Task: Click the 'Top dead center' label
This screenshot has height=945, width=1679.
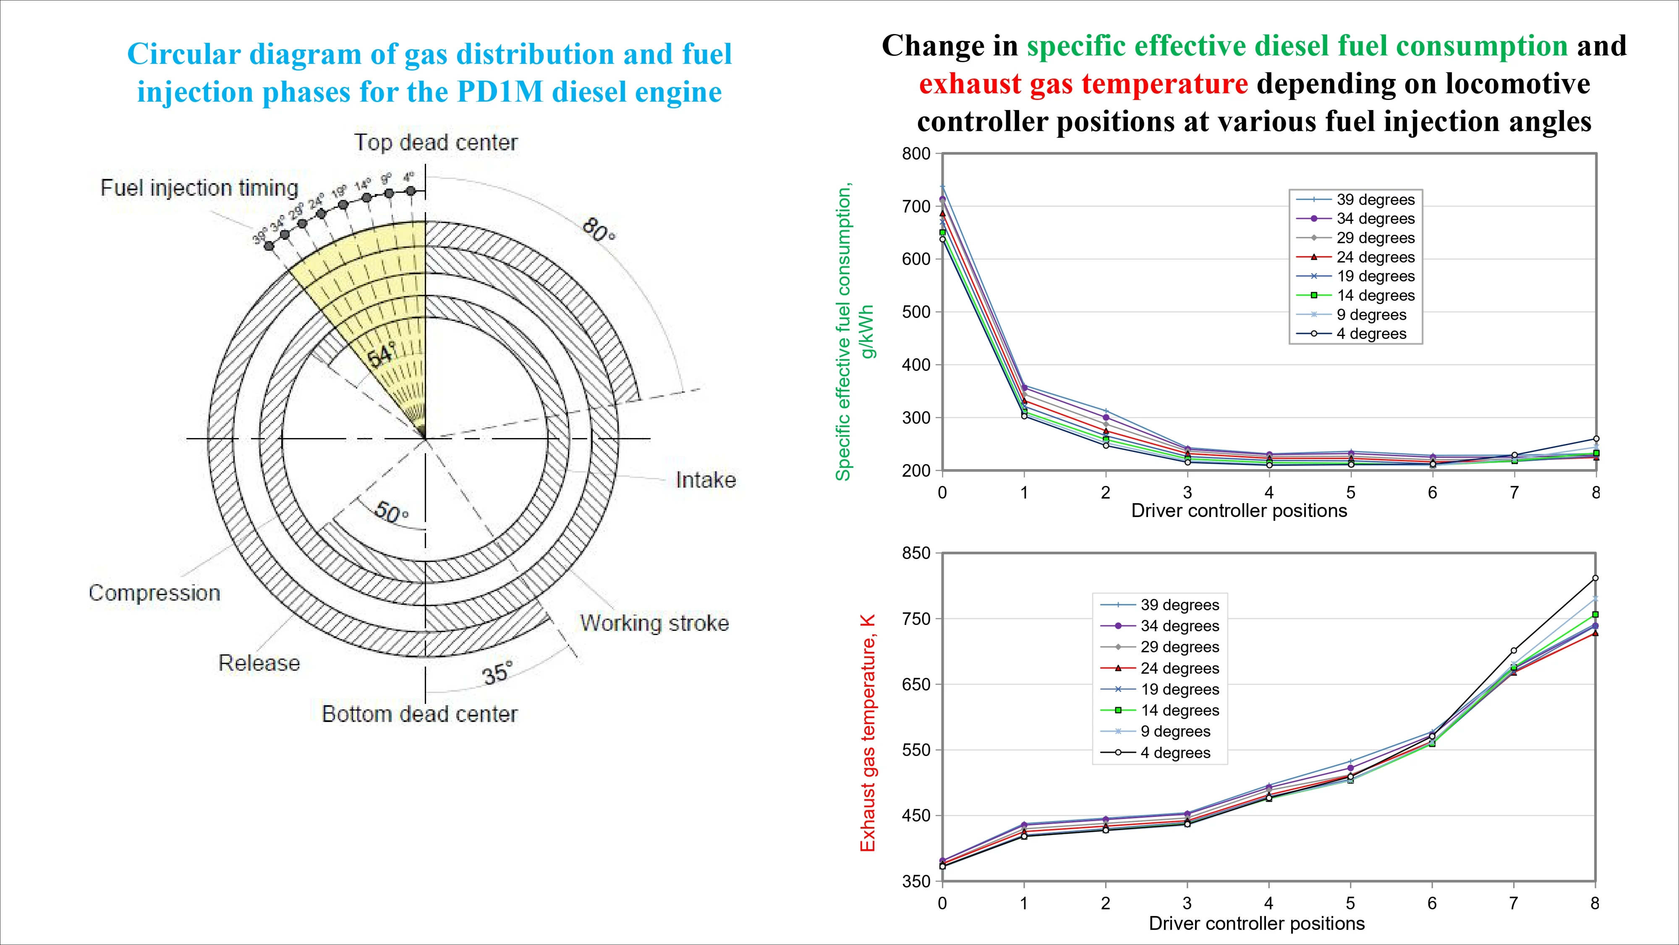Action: (435, 142)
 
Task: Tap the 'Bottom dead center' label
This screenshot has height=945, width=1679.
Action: (419, 714)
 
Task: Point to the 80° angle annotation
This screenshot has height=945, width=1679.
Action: (598, 230)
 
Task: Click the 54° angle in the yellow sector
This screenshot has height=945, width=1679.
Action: (381, 355)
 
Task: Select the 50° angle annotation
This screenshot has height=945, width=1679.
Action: (392, 512)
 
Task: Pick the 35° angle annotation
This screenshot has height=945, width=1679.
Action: (498, 673)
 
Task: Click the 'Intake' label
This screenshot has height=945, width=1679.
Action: (705, 480)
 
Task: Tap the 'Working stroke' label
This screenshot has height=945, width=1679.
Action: (654, 623)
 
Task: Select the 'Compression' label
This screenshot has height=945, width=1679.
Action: (154, 593)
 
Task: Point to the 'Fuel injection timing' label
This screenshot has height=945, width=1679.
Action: (199, 188)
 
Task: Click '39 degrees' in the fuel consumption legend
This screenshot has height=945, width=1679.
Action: (1375, 199)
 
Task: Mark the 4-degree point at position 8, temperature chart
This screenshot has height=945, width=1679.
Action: (1595, 578)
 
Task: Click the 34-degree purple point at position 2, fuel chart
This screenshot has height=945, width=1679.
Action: (1106, 417)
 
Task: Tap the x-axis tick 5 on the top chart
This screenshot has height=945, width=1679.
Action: (1350, 492)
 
